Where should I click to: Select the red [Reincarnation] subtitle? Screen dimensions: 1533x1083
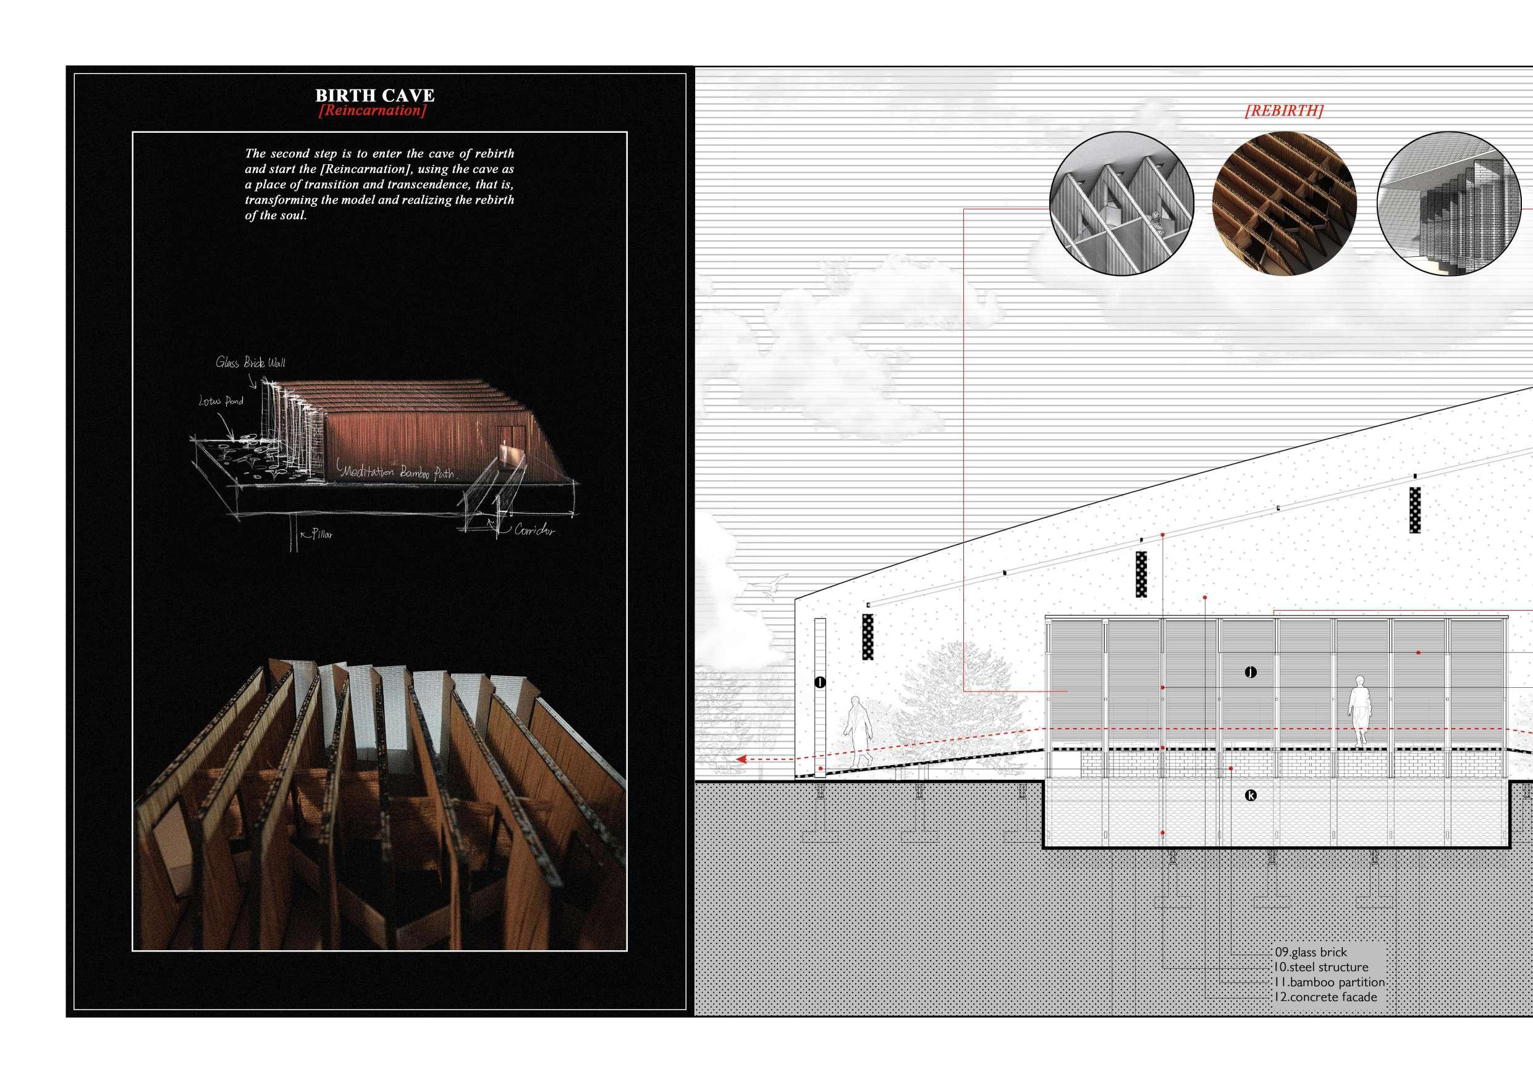click(373, 111)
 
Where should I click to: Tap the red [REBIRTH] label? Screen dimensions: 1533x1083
click(1284, 111)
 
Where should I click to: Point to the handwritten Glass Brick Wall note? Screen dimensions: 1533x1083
click(250, 363)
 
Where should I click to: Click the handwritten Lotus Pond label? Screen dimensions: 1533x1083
click(221, 402)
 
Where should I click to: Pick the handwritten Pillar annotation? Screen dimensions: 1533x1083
click(320, 534)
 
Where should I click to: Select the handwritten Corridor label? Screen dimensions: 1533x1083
click(534, 530)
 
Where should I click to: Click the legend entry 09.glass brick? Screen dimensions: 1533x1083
click(1311, 952)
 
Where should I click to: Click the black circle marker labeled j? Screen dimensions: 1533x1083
click(1251, 672)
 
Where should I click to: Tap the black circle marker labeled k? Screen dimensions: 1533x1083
click(1251, 795)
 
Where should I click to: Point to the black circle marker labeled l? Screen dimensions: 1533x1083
click(821, 682)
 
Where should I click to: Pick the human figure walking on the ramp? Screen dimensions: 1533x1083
click(856, 732)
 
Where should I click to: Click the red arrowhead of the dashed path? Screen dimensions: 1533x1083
click(740, 759)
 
